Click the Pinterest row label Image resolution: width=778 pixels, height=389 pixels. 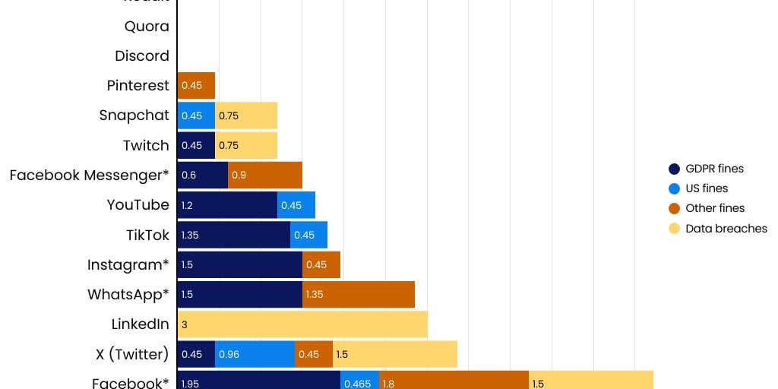coord(138,86)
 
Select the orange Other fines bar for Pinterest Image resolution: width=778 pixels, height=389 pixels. coord(196,86)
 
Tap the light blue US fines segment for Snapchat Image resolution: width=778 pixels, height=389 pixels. coord(196,115)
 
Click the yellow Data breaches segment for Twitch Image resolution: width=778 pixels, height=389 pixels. coord(246,145)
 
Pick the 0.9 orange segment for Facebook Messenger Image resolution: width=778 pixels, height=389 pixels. coord(265,175)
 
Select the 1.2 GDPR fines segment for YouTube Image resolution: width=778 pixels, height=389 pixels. coord(227,205)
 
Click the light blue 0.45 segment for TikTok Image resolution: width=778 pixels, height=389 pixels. coord(308,235)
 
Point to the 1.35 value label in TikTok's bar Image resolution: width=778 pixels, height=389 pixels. coord(190,235)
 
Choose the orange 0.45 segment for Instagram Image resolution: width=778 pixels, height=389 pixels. coord(321,264)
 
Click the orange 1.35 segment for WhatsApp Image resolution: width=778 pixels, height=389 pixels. coord(359,295)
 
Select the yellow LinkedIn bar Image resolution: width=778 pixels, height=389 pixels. coord(302,324)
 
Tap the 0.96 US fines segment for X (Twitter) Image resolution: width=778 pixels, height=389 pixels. coord(255,354)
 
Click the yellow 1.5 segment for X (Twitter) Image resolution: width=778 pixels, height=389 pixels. coord(395,354)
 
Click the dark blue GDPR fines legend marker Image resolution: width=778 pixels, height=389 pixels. coord(673,169)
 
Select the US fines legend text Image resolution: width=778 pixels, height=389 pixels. coord(707,188)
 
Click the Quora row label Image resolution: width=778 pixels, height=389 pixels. coord(147,27)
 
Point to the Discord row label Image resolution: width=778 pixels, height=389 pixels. coord(142,56)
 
